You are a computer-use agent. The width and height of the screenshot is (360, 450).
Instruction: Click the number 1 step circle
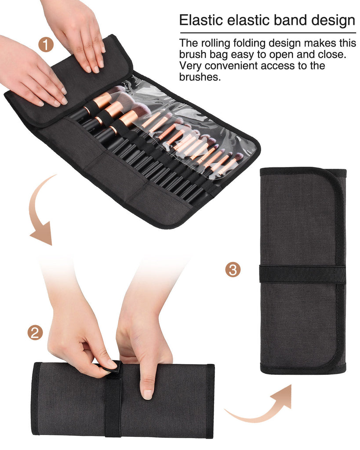(46, 45)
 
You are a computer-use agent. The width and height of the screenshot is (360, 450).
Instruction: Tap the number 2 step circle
(35, 332)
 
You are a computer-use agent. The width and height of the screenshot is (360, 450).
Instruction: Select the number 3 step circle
(233, 269)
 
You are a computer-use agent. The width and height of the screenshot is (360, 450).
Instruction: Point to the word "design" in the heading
(333, 20)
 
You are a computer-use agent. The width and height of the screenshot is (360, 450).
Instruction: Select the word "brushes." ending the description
(200, 77)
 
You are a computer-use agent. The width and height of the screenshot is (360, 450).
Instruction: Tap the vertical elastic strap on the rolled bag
(113, 404)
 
